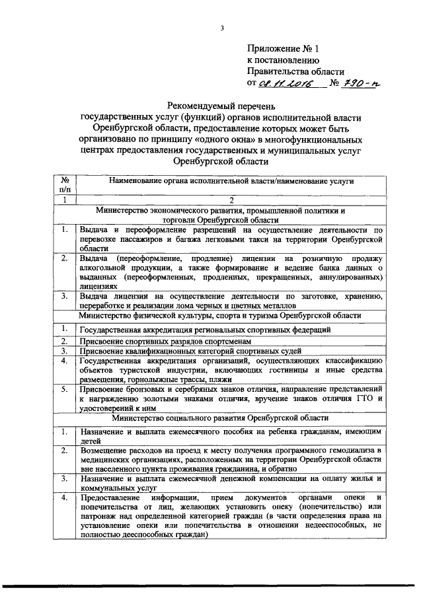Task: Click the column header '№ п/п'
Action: (x=65, y=184)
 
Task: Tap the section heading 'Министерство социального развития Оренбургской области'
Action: (x=222, y=418)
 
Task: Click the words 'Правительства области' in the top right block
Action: (x=295, y=71)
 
